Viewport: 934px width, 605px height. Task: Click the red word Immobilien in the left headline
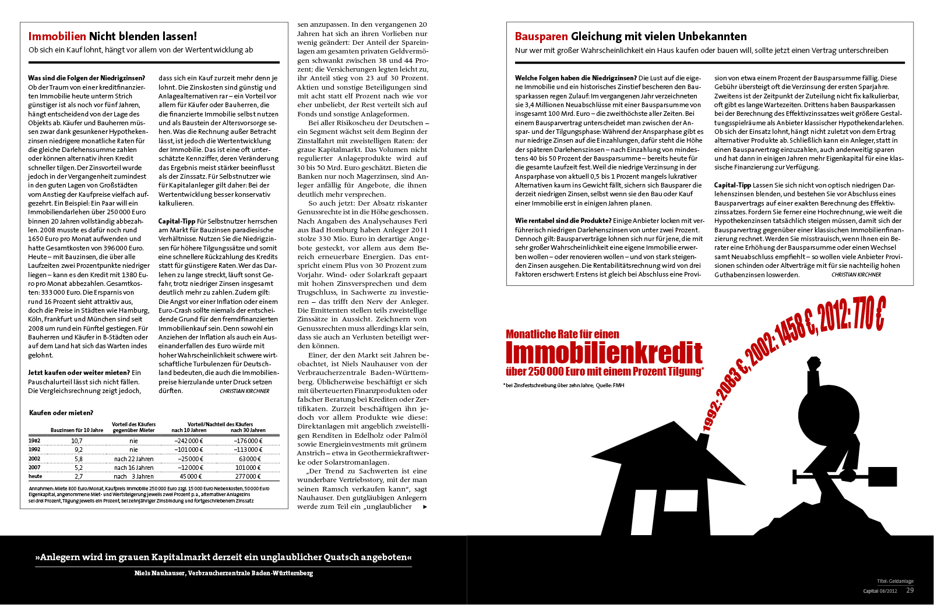pyautogui.click(x=57, y=36)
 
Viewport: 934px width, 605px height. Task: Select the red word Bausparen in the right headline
pyautogui.click(x=541, y=36)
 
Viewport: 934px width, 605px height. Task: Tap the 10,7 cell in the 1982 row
pyautogui.click(x=76, y=441)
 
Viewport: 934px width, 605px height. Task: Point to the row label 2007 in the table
pyautogui.click(x=34, y=467)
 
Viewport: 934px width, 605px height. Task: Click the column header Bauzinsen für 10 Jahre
pyautogui.click(x=77, y=430)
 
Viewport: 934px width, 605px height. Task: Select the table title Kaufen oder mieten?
pyautogui.click(x=61, y=413)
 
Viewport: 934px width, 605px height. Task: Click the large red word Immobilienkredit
pyautogui.click(x=604, y=353)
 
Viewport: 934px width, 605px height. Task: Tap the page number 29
pyautogui.click(x=910, y=590)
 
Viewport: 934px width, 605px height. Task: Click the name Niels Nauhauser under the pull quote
pyautogui.click(x=160, y=573)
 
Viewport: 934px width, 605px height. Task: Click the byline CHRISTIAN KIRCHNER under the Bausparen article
pyautogui.click(x=856, y=275)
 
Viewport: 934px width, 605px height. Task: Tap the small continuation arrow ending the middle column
pyautogui.click(x=425, y=507)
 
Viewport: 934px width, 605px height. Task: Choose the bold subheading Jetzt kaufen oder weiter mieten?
pyautogui.click(x=79, y=373)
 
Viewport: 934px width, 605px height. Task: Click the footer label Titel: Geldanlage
pyautogui.click(x=895, y=581)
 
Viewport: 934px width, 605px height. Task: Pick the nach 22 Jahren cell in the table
pyautogui.click(x=133, y=459)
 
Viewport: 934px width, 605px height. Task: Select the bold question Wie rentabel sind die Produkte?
pyautogui.click(x=563, y=221)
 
